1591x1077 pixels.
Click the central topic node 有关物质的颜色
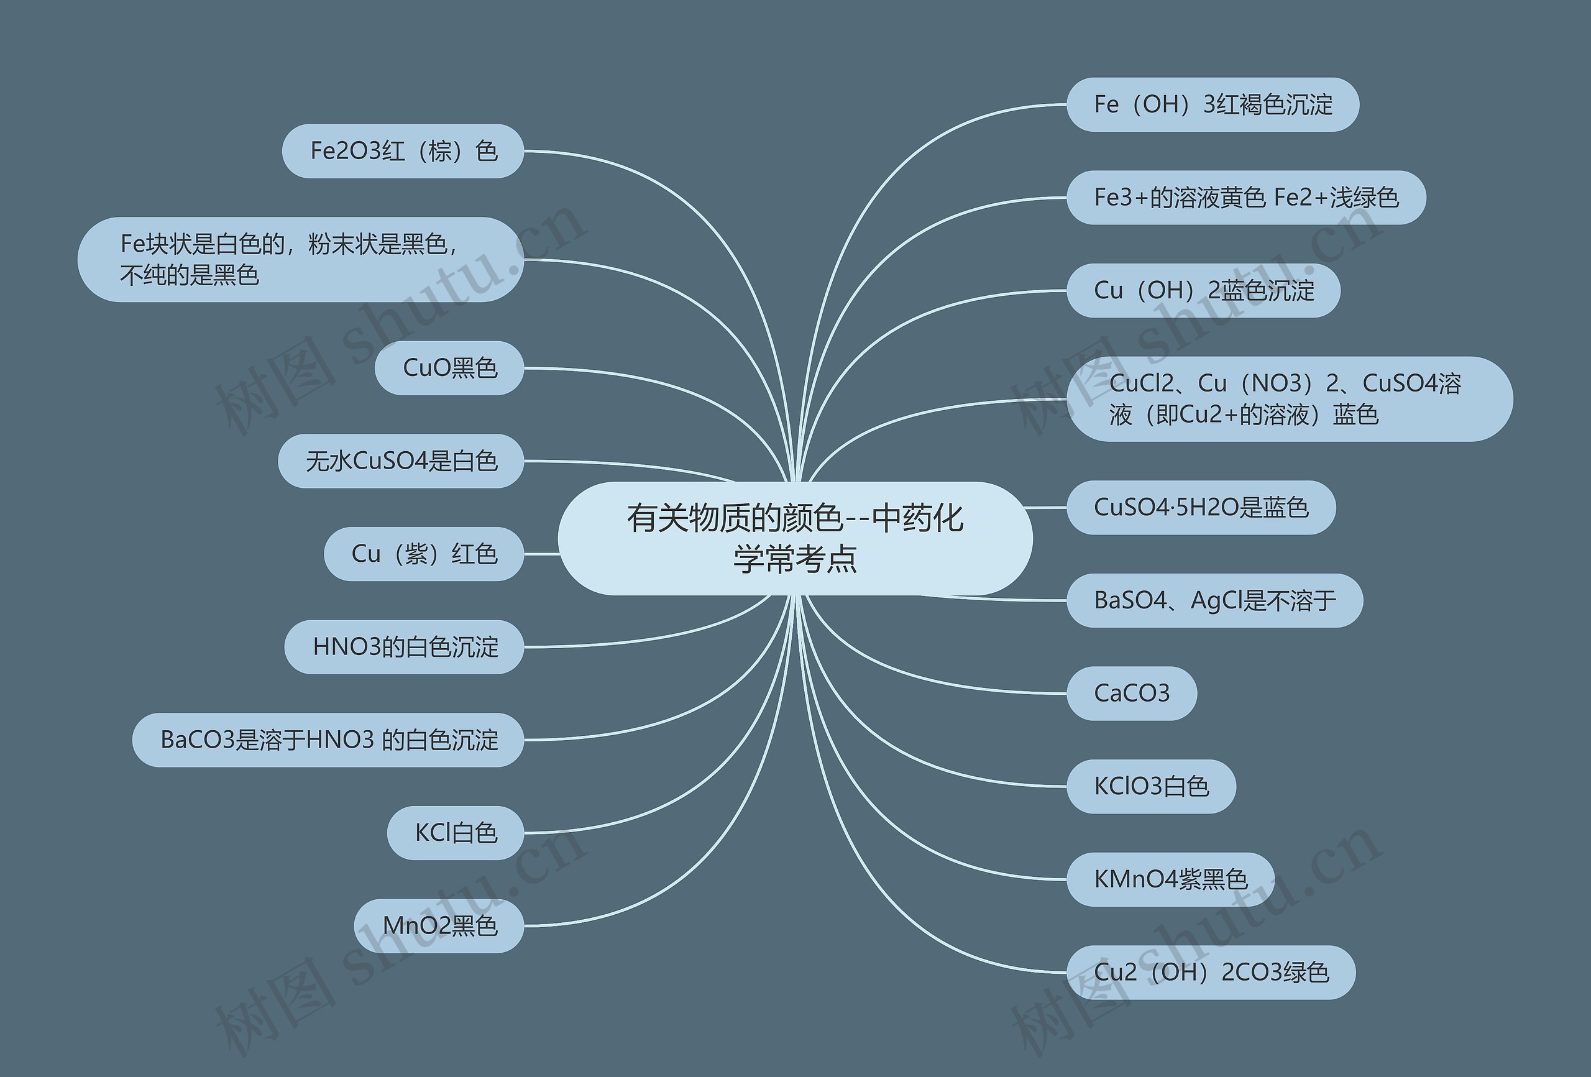[x=795, y=538]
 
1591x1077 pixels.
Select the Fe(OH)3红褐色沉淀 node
[x=1213, y=105]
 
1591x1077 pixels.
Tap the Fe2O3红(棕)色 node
[x=403, y=151]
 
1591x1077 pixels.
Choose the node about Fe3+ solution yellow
[x=1245, y=198]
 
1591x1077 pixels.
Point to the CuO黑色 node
[x=450, y=369]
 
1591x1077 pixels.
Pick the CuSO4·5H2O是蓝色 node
[x=1201, y=508]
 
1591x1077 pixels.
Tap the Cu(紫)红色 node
[x=424, y=554]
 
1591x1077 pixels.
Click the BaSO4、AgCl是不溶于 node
[x=1214, y=600]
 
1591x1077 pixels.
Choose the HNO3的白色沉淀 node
[x=405, y=647]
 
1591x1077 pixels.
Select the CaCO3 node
[x=1132, y=694]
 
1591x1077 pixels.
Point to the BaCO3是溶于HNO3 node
[x=329, y=740]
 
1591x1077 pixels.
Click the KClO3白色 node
[x=1151, y=787]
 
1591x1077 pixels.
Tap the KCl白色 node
[x=456, y=833]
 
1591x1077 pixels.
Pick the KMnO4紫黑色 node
[x=1170, y=880]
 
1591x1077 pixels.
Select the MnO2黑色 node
[x=439, y=927]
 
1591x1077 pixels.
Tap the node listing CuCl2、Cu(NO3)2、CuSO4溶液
[x=1289, y=399]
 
